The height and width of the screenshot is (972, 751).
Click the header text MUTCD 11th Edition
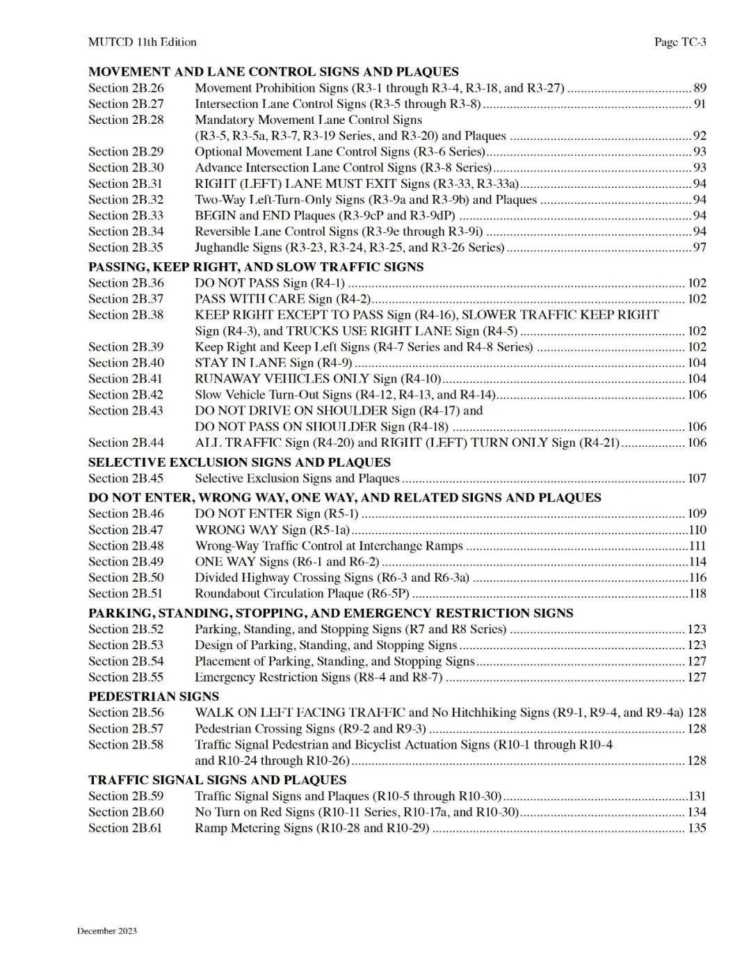pos(142,42)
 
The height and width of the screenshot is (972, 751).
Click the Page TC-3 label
pos(680,42)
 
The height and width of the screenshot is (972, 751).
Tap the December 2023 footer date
pos(107,931)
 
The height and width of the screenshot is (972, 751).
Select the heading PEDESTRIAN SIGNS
pos(154,696)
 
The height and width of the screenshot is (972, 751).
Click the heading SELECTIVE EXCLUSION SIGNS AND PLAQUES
pos(239,462)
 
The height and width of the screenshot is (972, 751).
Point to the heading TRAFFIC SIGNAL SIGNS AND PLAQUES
pos(217,780)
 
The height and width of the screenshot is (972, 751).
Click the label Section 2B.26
pos(126,88)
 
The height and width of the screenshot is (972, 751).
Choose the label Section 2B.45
pos(126,478)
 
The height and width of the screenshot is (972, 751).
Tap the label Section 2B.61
pos(126,828)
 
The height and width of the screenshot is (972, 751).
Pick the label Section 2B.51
pos(126,593)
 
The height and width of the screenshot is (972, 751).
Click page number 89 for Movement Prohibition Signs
pos(700,88)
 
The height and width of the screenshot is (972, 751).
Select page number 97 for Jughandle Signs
pos(700,247)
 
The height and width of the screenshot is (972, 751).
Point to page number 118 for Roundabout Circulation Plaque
pos(697,593)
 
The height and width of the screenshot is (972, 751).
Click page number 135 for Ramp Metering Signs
pos(697,828)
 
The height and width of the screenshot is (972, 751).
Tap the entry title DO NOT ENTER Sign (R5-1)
pos(277,513)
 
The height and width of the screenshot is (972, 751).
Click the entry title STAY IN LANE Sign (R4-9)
pos(273,362)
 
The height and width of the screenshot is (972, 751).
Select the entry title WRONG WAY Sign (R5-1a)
pos(272,529)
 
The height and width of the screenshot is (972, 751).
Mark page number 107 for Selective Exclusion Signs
pos(697,478)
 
